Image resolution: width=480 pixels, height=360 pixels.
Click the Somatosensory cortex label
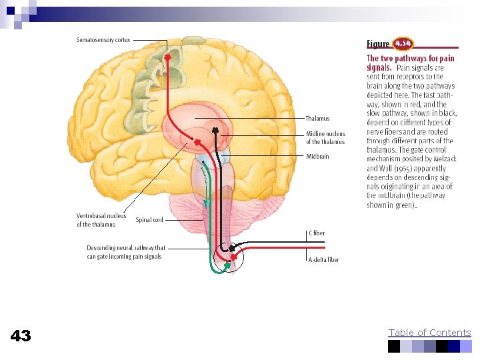103,40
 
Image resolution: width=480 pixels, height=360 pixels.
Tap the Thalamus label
317,119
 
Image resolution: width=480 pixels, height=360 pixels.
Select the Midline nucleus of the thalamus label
325,137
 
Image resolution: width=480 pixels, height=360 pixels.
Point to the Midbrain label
317,157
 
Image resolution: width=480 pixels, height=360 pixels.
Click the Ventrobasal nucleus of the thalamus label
101,220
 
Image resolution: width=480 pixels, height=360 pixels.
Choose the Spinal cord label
149,219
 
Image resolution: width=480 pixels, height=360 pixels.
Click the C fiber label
317,233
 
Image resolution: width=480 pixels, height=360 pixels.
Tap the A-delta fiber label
323,259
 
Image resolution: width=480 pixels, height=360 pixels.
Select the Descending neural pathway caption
126,251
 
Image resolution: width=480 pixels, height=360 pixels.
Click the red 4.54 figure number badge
403,44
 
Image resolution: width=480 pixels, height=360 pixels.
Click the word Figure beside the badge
378,45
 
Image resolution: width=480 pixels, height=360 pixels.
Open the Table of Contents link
429,333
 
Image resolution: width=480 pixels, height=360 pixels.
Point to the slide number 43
21,336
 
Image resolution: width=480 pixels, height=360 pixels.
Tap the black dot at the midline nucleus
215,129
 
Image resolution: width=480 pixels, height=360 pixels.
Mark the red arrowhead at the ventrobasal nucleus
197,141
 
